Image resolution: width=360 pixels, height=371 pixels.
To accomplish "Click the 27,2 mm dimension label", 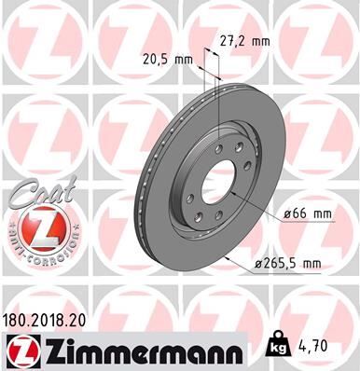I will [244, 42].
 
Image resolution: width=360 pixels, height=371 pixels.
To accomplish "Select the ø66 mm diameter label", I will [308, 213].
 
